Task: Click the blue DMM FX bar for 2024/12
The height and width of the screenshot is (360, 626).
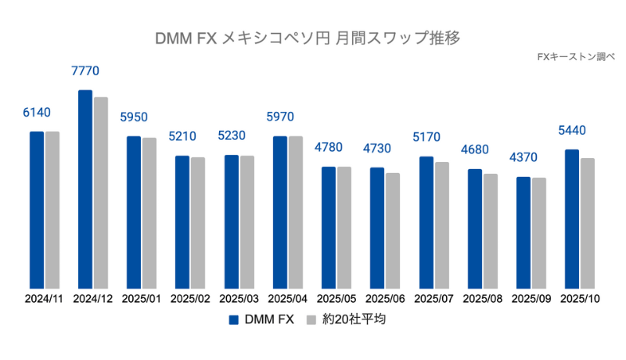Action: coord(85,189)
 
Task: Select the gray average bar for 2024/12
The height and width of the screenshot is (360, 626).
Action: coord(101,193)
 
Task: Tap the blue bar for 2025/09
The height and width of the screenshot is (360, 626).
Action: coord(523,232)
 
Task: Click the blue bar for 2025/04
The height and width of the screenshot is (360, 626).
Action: coord(280,212)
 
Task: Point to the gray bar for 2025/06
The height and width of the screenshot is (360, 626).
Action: coord(393,230)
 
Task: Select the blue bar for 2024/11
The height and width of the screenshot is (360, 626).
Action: coord(37,210)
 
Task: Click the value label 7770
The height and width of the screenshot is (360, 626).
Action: coord(85,71)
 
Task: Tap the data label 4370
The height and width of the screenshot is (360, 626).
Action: coord(524,157)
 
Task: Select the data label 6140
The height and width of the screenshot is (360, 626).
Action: coord(37,113)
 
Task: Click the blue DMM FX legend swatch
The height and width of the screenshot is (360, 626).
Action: coord(233,319)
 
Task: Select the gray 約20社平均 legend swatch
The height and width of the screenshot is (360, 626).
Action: coord(311,319)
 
